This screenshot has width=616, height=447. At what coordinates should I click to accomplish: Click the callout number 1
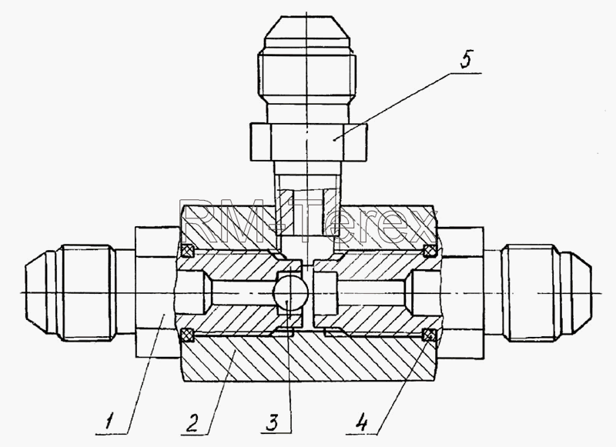pyautogui.click(x=109, y=420)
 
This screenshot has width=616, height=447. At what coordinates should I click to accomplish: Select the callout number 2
pyautogui.click(x=191, y=421)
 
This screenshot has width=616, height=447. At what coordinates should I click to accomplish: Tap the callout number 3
pyautogui.click(x=271, y=422)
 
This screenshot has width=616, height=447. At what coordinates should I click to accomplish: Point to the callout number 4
pyautogui.click(x=361, y=422)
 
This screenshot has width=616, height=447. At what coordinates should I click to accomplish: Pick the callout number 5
pyautogui.click(x=466, y=60)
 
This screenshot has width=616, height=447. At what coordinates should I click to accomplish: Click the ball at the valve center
pyautogui.click(x=290, y=293)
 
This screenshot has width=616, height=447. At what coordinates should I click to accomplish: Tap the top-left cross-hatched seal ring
pyautogui.click(x=187, y=250)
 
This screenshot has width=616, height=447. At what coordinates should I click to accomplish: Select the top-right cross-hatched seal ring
pyautogui.click(x=430, y=250)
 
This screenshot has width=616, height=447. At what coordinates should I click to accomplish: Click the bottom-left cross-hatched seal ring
pyautogui.click(x=187, y=335)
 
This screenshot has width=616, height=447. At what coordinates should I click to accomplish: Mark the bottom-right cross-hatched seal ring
pyautogui.click(x=430, y=335)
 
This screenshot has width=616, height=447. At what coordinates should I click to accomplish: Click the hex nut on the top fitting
pyautogui.click(x=309, y=142)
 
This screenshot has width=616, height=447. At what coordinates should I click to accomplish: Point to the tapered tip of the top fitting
pyautogui.click(x=307, y=27)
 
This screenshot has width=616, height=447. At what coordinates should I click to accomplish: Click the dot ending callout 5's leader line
pyautogui.click(x=333, y=139)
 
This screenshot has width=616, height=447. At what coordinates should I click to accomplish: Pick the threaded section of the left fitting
pyautogui.click(x=85, y=293)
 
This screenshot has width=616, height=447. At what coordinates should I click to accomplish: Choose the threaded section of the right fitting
pyautogui.click(x=531, y=293)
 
